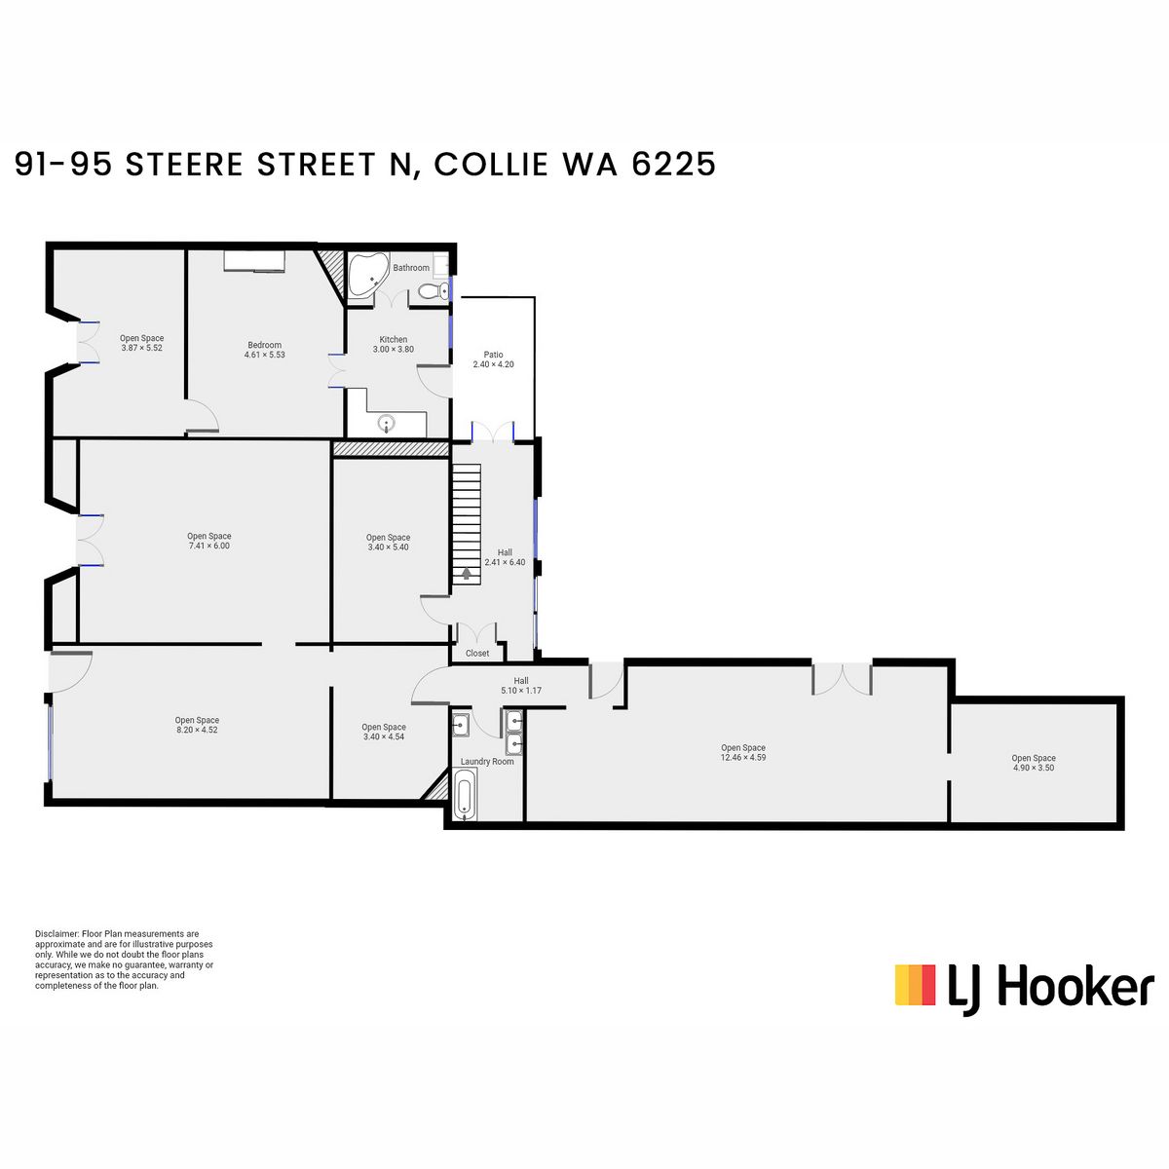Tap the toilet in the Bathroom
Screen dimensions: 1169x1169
click(433, 292)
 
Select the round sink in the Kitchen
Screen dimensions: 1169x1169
click(387, 422)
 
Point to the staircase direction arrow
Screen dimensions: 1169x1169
click(466, 573)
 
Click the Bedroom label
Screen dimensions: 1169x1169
click(265, 345)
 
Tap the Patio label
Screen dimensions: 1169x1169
click(493, 355)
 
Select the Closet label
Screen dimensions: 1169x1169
click(477, 653)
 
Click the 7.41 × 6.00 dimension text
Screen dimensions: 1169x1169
click(208, 546)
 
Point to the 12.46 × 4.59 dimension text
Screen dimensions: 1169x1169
click(743, 757)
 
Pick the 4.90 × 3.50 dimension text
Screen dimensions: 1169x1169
click(1034, 768)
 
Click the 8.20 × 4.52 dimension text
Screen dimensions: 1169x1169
click(197, 730)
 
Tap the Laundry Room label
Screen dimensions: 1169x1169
click(487, 762)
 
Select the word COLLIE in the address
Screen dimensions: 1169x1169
click(491, 165)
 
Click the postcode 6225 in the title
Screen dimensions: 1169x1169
click(674, 165)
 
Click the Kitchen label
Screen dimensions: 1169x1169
click(394, 339)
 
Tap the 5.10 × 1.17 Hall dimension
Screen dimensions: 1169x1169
click(521, 691)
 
